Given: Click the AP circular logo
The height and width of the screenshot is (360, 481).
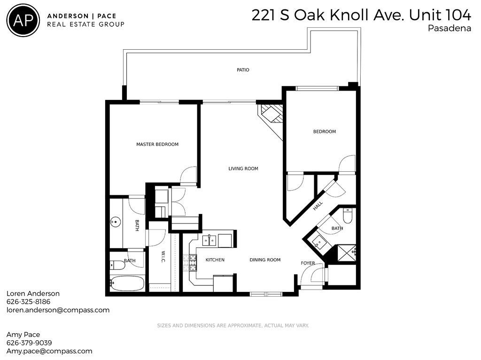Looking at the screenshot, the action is click(x=23, y=20).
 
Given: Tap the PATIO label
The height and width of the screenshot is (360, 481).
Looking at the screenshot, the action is click(x=243, y=70).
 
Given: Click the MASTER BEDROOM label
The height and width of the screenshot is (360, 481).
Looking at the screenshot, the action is click(x=157, y=145).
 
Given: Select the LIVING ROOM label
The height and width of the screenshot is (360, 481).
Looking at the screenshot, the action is click(x=243, y=169).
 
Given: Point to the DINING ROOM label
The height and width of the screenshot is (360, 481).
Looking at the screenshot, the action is click(x=265, y=260).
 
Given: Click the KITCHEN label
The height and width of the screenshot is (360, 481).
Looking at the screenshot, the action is click(x=215, y=260).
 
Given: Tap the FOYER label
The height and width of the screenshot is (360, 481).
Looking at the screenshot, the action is click(x=308, y=263).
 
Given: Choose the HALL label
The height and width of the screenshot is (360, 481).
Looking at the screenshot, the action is click(x=318, y=206).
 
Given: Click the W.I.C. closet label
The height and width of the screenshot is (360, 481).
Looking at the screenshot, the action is click(x=163, y=257).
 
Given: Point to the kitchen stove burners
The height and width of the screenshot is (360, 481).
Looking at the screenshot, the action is click(x=193, y=263).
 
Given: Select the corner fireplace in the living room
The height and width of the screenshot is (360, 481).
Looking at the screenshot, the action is click(x=270, y=115).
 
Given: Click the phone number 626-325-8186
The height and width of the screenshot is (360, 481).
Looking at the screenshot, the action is click(x=28, y=302).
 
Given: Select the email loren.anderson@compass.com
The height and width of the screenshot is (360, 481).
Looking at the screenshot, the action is click(x=58, y=310).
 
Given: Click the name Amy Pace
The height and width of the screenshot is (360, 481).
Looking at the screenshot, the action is click(x=23, y=335).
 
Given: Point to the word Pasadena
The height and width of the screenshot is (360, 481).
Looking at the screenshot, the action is click(x=450, y=28).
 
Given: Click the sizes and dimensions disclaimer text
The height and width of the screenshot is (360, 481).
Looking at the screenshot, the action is click(x=233, y=326).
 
